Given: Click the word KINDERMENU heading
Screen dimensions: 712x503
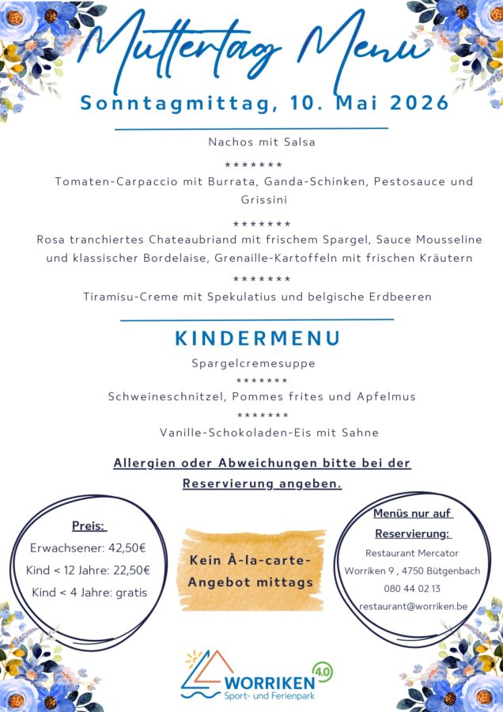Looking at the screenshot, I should (258, 339).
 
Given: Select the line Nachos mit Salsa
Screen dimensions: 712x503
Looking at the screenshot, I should (251, 142).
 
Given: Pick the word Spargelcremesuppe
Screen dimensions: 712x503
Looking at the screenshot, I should (253, 364).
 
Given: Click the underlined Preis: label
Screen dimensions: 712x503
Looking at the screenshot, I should (89, 526).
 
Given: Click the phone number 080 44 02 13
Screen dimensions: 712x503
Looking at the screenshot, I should (412, 589).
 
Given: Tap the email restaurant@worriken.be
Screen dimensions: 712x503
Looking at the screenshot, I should (412, 607).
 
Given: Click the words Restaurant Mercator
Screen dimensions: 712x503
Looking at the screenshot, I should (412, 553).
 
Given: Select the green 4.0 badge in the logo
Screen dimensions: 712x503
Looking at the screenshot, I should (323, 672).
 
